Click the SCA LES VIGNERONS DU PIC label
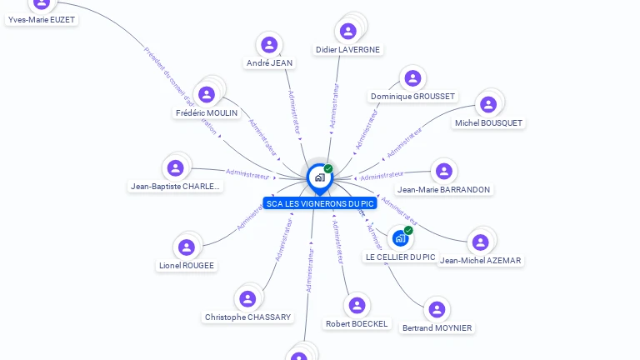320,203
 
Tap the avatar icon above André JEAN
268,44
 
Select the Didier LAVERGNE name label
348,49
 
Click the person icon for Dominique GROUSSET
412,78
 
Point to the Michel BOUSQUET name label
488,122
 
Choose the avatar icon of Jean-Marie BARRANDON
444,171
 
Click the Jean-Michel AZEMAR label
480,260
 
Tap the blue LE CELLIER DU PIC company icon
400,238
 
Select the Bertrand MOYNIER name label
437,327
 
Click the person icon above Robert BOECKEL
357,305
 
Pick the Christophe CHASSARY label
248,317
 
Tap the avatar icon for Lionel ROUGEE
187,247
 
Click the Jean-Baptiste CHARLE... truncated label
176,187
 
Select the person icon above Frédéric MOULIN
207,94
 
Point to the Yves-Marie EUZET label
42,18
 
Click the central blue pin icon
319,177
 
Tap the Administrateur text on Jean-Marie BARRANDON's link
382,176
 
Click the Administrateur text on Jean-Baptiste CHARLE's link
247,173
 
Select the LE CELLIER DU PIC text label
400,257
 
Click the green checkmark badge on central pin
328,168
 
